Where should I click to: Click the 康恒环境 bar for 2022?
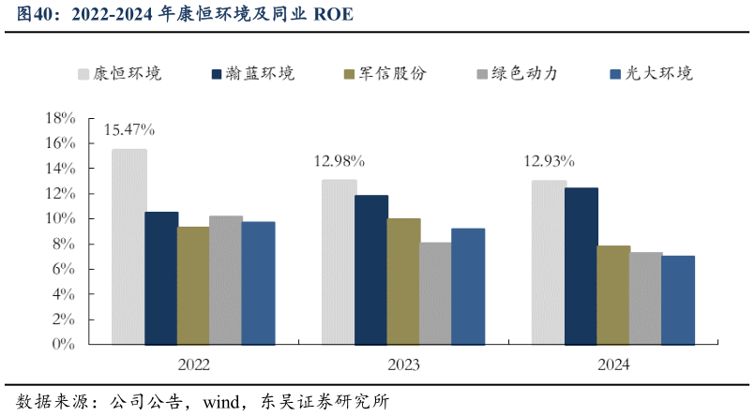pos(128,246)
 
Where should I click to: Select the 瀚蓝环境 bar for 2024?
pos(581,266)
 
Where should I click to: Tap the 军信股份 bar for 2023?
pos(403,281)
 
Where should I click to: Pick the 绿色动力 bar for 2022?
pos(226,280)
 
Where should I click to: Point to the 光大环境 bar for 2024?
pos(678,300)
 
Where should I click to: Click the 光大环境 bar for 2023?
pos(468,286)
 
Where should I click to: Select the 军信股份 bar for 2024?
pos(613,294)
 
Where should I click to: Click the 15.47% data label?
pos(129,129)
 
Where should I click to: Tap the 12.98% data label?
pos(339,160)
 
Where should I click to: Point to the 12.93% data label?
pos(549,160)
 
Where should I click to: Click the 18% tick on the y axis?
pos(60,119)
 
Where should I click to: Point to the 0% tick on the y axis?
pos(64,345)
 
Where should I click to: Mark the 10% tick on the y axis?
pos(60,219)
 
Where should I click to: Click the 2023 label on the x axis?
pos(403,365)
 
